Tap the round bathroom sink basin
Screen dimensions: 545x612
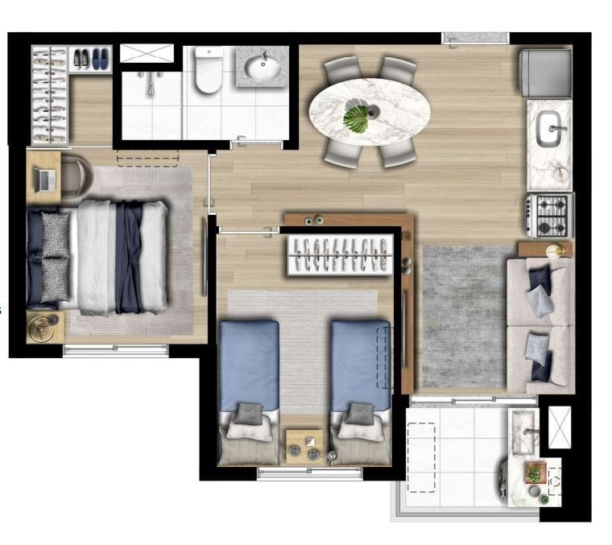point(263,68)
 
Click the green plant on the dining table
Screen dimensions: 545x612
point(357,119)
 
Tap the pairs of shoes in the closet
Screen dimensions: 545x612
point(89,58)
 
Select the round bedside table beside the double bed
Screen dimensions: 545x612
point(44,327)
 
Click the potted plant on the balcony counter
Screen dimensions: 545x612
point(533,472)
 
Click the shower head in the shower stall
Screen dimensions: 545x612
point(151,81)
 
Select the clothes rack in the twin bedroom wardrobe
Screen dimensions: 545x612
point(341,255)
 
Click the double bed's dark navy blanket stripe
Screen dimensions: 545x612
point(129,258)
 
